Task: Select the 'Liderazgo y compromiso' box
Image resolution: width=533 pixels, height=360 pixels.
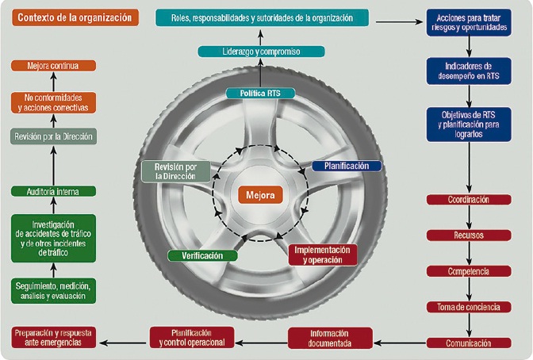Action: click(261, 52)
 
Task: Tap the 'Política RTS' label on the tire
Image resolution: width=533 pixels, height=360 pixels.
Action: click(261, 94)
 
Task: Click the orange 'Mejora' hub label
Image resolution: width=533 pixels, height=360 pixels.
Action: click(261, 194)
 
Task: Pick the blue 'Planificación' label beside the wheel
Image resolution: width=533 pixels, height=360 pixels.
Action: click(347, 167)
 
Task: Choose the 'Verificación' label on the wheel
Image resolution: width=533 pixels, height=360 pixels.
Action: click(202, 255)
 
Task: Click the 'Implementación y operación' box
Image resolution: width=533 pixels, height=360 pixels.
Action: click(322, 254)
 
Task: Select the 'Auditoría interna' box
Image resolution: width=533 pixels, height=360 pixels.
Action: click(53, 191)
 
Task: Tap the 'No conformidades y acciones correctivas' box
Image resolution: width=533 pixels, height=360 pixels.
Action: click(53, 101)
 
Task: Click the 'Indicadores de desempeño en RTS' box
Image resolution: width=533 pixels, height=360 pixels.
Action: click(469, 71)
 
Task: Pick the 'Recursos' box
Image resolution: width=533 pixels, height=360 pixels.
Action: click(469, 236)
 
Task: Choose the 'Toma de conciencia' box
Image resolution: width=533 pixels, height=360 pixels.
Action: click(469, 307)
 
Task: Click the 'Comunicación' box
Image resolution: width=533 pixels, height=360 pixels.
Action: click(469, 343)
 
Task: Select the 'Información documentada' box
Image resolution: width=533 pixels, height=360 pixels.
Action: click(330, 338)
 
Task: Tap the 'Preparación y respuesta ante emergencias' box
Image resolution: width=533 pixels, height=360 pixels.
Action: click(53, 338)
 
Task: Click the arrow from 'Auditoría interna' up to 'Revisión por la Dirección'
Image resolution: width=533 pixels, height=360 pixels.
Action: click(53, 165)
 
